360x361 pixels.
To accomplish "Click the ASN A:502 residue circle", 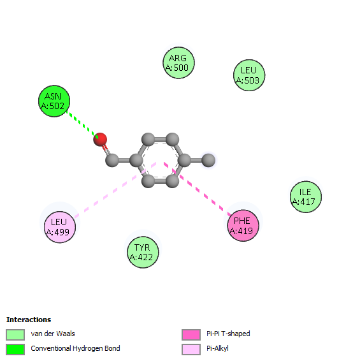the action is (x=54, y=101).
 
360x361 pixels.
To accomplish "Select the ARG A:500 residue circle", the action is (x=178, y=63).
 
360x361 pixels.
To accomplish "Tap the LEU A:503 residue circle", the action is (x=249, y=75).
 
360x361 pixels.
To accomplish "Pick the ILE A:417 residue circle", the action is (x=306, y=196).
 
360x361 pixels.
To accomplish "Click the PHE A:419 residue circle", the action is (x=243, y=226).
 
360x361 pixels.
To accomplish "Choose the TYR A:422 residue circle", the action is (x=143, y=252).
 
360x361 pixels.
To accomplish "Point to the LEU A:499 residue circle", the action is (x=60, y=227).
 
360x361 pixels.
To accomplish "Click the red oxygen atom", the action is (x=100, y=140).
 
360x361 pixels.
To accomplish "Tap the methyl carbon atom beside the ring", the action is (x=208, y=160).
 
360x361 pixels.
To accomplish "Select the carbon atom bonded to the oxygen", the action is (x=112, y=160).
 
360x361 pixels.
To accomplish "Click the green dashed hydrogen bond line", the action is (x=82, y=125).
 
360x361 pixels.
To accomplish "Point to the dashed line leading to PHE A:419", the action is (x=198, y=189).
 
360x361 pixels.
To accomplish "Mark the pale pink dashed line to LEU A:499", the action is (x=115, y=190).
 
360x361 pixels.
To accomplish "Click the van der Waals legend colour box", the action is (x=15, y=335).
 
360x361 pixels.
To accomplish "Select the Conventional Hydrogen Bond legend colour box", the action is (x=15, y=350).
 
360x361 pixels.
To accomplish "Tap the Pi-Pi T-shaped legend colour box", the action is (x=191, y=335).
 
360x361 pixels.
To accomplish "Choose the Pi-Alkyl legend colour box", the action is (x=191, y=350).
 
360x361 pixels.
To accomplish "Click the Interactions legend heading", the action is (x=29, y=320).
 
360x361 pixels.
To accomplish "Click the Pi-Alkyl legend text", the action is (x=217, y=349).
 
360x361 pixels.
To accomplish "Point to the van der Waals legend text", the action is (x=53, y=334).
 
